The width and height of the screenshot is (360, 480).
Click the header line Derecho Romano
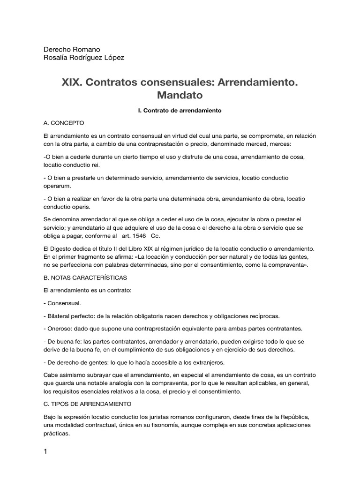(72, 49)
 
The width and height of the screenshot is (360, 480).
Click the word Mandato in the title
(180, 95)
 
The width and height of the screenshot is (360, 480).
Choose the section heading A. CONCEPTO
(64, 123)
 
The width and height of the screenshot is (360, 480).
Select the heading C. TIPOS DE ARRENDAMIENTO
(88, 403)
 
